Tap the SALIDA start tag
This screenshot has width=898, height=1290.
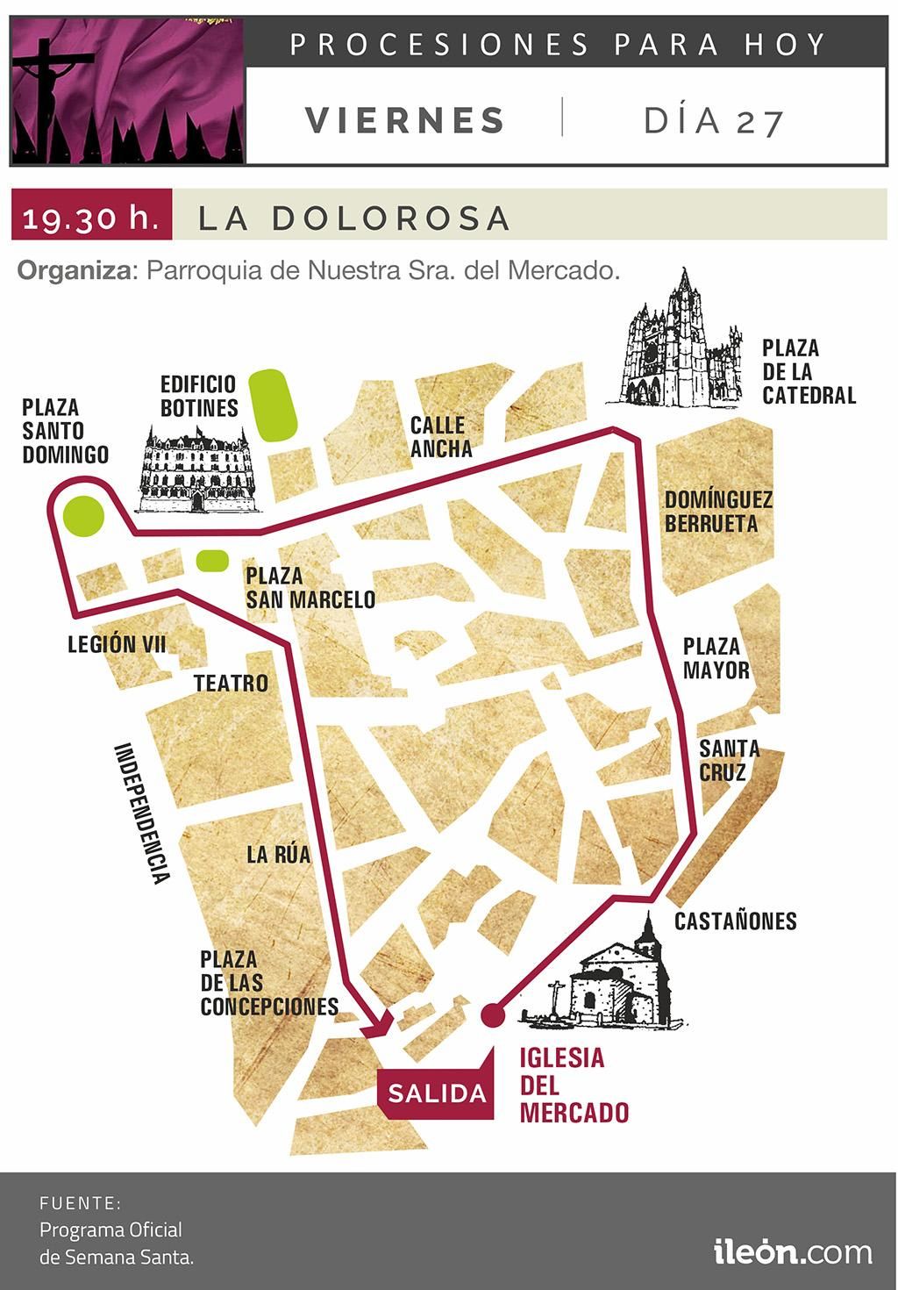tap(437, 1093)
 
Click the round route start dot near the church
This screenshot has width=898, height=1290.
tap(493, 1015)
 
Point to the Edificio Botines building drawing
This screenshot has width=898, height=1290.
tap(196, 470)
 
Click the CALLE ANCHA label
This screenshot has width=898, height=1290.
tap(440, 437)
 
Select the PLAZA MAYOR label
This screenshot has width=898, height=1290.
tap(716, 658)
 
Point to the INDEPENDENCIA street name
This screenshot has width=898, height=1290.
tap(141, 813)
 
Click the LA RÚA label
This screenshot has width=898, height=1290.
tap(278, 854)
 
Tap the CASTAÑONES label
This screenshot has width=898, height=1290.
tap(735, 921)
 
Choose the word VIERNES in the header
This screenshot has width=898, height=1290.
tap(405, 120)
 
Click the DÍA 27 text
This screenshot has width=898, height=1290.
tap(713, 120)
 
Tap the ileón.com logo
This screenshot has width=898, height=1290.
tap(793, 1250)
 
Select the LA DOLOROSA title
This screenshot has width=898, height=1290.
tap(354, 218)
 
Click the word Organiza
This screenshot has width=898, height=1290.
tap(74, 269)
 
